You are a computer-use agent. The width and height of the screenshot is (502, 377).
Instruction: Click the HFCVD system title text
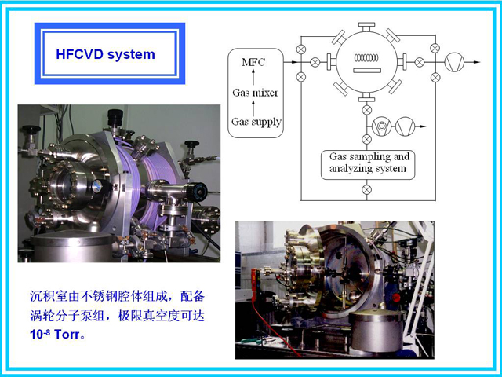pos(105,54)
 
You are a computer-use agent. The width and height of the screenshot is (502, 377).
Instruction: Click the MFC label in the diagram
pos(253,62)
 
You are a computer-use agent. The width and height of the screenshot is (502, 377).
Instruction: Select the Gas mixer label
pos(255,93)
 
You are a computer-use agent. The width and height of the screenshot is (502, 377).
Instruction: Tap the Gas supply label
pos(256,122)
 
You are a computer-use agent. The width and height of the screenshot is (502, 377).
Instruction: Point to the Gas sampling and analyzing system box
pos(368,165)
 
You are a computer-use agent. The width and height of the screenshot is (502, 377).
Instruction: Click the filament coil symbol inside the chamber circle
pos(366,58)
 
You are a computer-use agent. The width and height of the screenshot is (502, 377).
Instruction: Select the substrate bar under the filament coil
pos(367,70)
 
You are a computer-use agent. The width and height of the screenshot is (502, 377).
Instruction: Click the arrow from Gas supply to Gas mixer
pos(253,108)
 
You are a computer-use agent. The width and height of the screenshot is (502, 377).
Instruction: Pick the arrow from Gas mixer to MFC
pos(253,77)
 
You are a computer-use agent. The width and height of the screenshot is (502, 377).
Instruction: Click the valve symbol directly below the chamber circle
pos(366,110)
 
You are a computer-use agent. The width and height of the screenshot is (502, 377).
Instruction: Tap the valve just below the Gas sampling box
pos(366,189)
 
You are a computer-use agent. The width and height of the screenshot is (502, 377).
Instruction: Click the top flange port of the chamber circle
pos(366,27)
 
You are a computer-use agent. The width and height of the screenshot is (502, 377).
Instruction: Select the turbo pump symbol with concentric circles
pos(381,126)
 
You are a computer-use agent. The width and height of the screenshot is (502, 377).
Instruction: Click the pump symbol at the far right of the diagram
pos(454,62)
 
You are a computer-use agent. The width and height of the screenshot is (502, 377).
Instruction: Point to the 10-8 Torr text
pos(54,335)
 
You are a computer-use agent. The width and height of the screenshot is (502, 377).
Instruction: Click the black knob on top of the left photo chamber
pos(115,116)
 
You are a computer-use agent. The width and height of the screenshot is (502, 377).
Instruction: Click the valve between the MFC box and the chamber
pos(315,62)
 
